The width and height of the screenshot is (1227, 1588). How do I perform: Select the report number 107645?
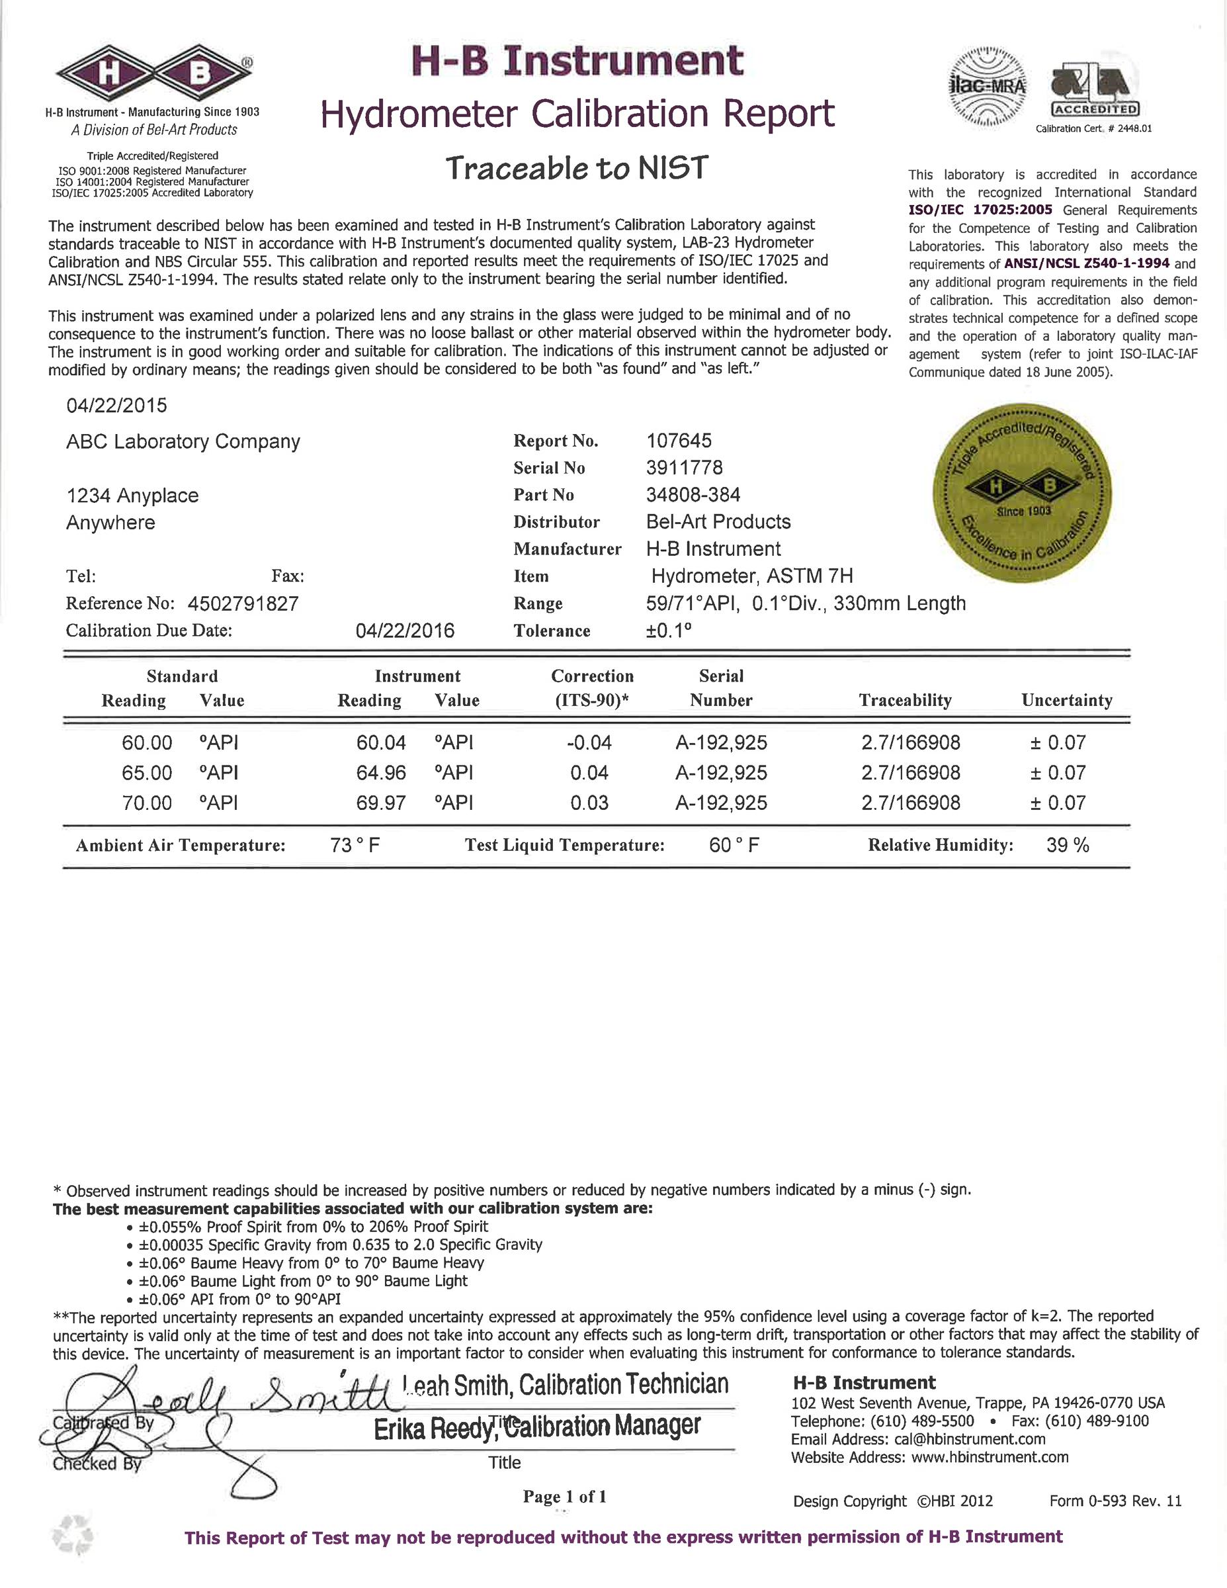coord(679,441)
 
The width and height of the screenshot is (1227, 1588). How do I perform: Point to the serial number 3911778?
coord(684,468)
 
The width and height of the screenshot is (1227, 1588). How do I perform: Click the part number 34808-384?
coord(693,495)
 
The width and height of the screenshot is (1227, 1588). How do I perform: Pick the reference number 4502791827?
coord(243,603)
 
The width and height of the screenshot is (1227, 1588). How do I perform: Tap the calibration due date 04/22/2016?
coord(405,631)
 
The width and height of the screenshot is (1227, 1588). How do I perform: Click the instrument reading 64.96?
coord(381,772)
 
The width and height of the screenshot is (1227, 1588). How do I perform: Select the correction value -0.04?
coord(589,742)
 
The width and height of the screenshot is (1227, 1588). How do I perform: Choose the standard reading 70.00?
coord(147,803)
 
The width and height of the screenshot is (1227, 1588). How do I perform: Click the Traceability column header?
coord(905,700)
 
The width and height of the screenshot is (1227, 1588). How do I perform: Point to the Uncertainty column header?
coord(1066,700)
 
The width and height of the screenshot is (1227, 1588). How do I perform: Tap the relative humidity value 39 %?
coord(1067,845)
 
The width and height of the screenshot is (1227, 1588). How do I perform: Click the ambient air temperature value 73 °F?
coord(355,845)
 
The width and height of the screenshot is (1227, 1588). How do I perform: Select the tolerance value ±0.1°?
coord(669,631)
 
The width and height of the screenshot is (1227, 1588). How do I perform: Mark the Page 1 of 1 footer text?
coord(564,1497)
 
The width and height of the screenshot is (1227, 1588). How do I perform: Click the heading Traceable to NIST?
coord(575,169)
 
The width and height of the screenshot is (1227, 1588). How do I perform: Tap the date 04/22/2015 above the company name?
coord(116,406)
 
